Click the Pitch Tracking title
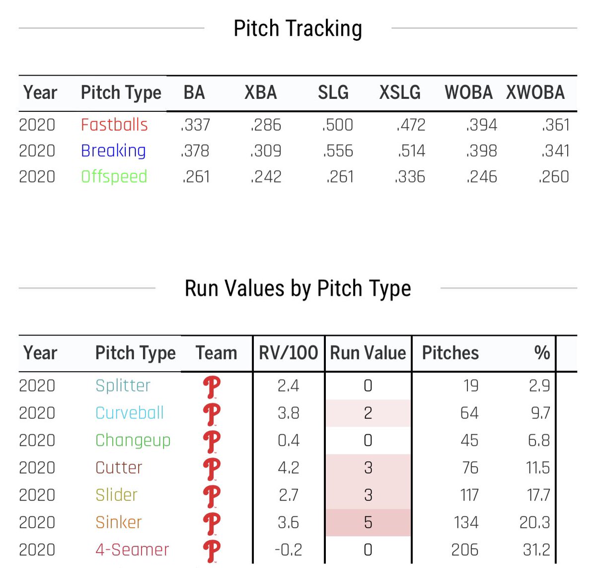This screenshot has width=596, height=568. pyautogui.click(x=298, y=28)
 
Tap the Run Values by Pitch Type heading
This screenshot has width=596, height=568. pyautogui.click(x=298, y=288)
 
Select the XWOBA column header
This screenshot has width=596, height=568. pyautogui.click(x=535, y=92)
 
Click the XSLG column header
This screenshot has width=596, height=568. pyautogui.click(x=400, y=92)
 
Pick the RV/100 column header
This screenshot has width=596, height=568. pyautogui.click(x=288, y=353)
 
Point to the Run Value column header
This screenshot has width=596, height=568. pyautogui.click(x=368, y=353)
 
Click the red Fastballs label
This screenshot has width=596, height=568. pyautogui.click(x=114, y=125)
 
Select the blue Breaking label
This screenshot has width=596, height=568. pyautogui.click(x=113, y=151)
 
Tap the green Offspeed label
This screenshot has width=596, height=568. pyautogui.click(x=114, y=176)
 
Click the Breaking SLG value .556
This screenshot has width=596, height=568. pyautogui.click(x=338, y=151)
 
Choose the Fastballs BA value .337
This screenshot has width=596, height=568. pyautogui.click(x=195, y=125)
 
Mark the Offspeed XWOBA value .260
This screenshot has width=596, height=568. pyautogui.click(x=554, y=176)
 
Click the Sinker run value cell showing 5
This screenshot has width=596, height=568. pyautogui.click(x=368, y=522)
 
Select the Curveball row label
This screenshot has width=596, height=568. pyautogui.click(x=129, y=413)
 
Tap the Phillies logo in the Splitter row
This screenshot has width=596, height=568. pyautogui.click(x=212, y=387)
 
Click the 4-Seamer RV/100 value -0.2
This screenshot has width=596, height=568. pyautogui.click(x=288, y=550)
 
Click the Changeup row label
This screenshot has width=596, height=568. pyautogui.click(x=133, y=440)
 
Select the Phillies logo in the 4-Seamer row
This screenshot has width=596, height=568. pyautogui.click(x=212, y=551)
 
